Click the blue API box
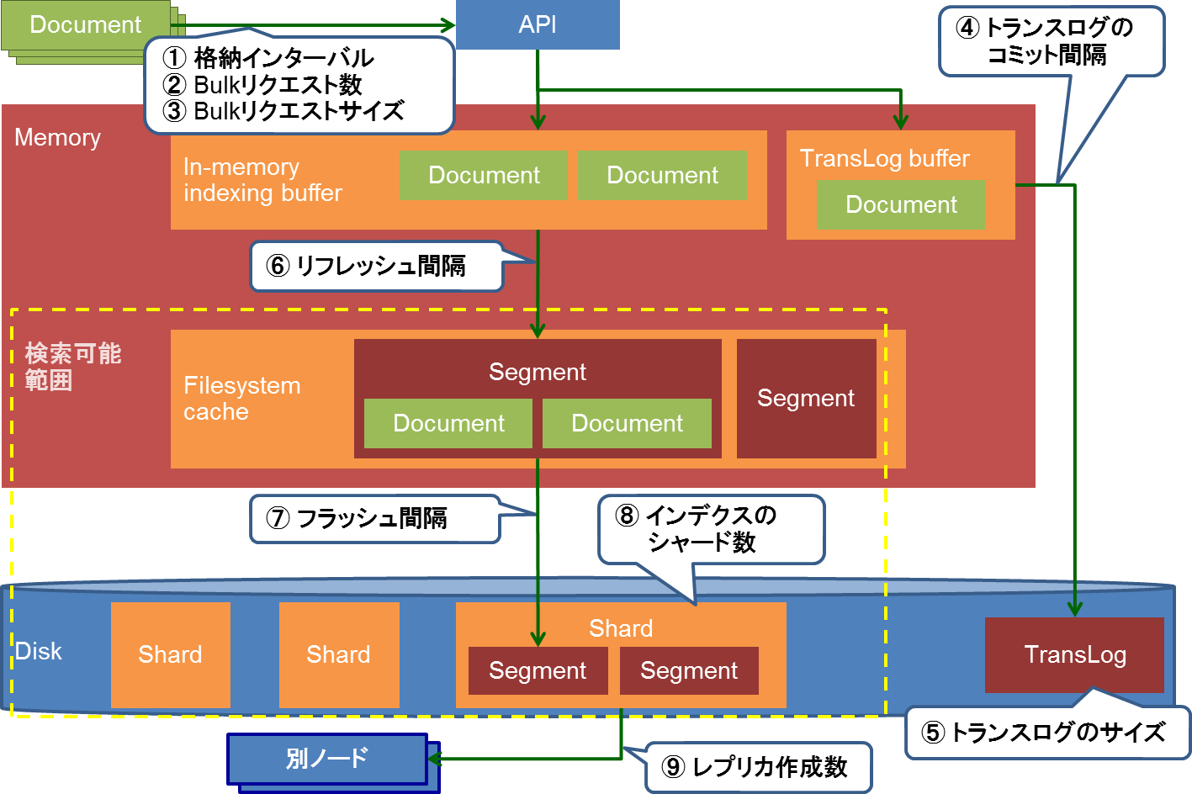coord(538,24)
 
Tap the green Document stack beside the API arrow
coord(86,25)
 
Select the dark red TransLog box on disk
coord(1074,654)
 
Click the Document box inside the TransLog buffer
coord(901,204)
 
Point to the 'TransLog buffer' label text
coord(884,158)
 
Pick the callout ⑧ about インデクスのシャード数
coord(711,529)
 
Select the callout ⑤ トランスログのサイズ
coord(1047,733)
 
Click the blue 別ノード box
coord(327,759)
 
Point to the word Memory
coord(57,137)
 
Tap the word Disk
coord(39,651)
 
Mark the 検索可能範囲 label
coord(72,367)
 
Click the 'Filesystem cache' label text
coord(241,399)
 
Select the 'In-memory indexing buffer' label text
coord(262,180)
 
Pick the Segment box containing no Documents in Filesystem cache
coord(806,399)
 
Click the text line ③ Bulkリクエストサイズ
coord(283,111)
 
